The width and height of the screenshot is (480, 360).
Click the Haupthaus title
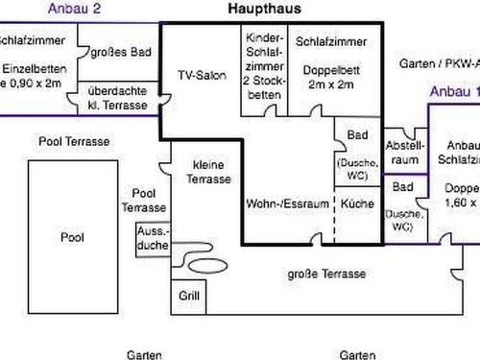click(265, 9)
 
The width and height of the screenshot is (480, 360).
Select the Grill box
click(188, 297)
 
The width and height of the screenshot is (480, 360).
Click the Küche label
click(356, 204)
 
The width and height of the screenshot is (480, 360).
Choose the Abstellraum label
click(402, 154)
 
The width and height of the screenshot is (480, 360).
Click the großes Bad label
click(117, 53)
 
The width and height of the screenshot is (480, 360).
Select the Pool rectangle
click(72, 236)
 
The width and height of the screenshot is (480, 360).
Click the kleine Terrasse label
click(208, 172)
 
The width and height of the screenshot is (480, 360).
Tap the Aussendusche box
click(154, 239)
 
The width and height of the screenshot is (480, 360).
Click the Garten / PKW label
click(438, 63)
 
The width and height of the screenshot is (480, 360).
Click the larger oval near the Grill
click(204, 262)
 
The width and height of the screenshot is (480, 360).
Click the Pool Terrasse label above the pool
click(74, 141)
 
